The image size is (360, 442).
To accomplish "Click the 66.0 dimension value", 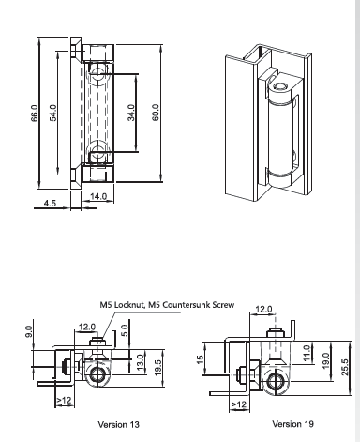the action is [35, 113].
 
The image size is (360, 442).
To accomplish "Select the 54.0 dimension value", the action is [53, 113].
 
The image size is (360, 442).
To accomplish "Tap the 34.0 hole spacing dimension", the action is [131, 113].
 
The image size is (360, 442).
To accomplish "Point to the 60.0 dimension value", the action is [156, 113].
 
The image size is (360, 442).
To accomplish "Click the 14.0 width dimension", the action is [98, 196].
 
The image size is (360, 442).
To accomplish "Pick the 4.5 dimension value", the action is [50, 203].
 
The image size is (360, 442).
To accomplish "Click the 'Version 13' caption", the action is [118, 424].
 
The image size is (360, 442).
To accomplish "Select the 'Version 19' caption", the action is [292, 424].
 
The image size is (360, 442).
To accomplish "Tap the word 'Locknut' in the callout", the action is [127, 305].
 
